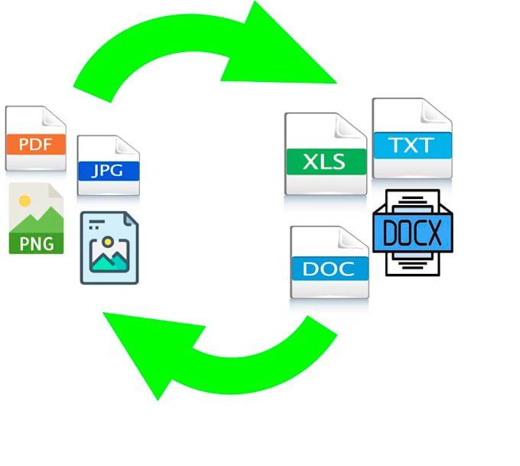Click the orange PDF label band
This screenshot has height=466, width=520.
[x=35, y=143]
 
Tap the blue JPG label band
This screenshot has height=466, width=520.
[x=108, y=170]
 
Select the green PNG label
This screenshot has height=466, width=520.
[x=36, y=243]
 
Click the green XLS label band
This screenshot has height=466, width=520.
[x=325, y=161]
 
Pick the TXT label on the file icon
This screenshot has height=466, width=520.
[x=412, y=145]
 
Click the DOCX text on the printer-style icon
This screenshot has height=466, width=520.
[x=413, y=233]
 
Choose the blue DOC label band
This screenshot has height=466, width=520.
[x=330, y=269]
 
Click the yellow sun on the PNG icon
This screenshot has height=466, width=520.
[x=24, y=201]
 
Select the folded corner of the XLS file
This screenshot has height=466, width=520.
[x=356, y=124]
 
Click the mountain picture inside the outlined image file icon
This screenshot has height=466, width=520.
[x=109, y=257]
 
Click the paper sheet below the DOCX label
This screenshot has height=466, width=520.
[x=412, y=264]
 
